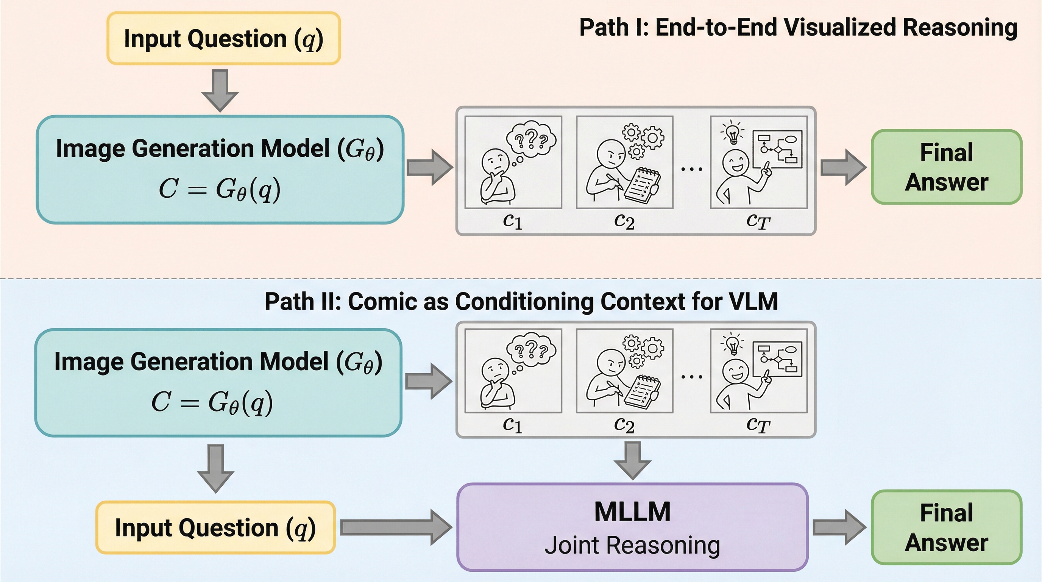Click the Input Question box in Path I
[223, 38]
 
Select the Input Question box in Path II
[215, 527]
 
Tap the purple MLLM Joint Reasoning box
[632, 527]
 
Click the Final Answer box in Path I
[947, 167]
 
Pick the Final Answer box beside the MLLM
[947, 527]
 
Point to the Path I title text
[798, 28]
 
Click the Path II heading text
[521, 302]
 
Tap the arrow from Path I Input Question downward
[220, 90]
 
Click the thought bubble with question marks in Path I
[531, 140]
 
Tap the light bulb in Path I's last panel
[733, 133]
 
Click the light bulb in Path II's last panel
[732, 344]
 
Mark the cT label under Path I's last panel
[758, 221]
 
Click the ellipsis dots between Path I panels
[692, 169]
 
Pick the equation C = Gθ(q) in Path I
[220, 189]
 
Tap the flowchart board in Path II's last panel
[777, 360]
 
